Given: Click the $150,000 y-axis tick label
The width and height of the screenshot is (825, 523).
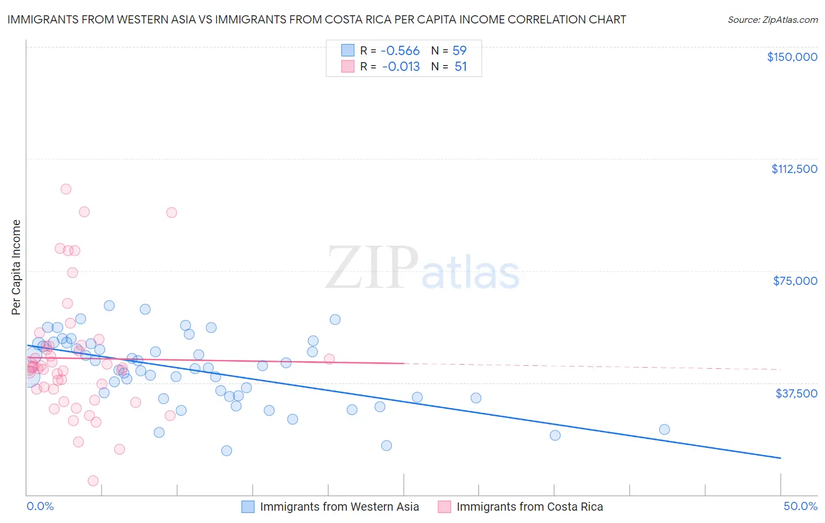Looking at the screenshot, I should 792,57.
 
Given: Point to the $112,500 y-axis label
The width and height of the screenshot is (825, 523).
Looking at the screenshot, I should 794,169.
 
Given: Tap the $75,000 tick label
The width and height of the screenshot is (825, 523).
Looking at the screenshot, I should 794,281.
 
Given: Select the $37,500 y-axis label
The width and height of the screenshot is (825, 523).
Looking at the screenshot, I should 796,393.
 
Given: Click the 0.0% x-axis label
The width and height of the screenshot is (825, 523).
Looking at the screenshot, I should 40,506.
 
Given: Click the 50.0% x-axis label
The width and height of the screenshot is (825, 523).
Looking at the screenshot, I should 800,506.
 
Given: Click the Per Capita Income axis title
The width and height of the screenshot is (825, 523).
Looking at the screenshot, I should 16,267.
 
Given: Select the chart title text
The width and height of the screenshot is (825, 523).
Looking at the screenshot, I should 316,19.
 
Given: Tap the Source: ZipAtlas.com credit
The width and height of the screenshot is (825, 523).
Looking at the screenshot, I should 772,20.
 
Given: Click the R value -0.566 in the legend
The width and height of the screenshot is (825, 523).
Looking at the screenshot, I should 401,51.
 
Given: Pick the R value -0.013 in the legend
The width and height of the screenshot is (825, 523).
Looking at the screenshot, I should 401,67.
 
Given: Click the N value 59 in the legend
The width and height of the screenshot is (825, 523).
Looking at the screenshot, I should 459,51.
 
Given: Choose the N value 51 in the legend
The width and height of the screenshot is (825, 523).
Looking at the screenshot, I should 461,67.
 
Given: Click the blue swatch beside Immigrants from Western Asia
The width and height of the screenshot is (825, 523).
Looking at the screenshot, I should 248,507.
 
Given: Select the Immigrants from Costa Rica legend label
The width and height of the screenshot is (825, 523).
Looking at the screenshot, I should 529,507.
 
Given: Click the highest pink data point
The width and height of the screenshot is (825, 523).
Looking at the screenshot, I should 66,189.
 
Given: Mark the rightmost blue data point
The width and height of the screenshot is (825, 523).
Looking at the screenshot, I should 664,429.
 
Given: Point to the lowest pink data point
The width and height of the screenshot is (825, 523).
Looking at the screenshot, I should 93,481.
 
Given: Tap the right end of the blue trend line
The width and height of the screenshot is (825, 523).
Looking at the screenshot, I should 780,457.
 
